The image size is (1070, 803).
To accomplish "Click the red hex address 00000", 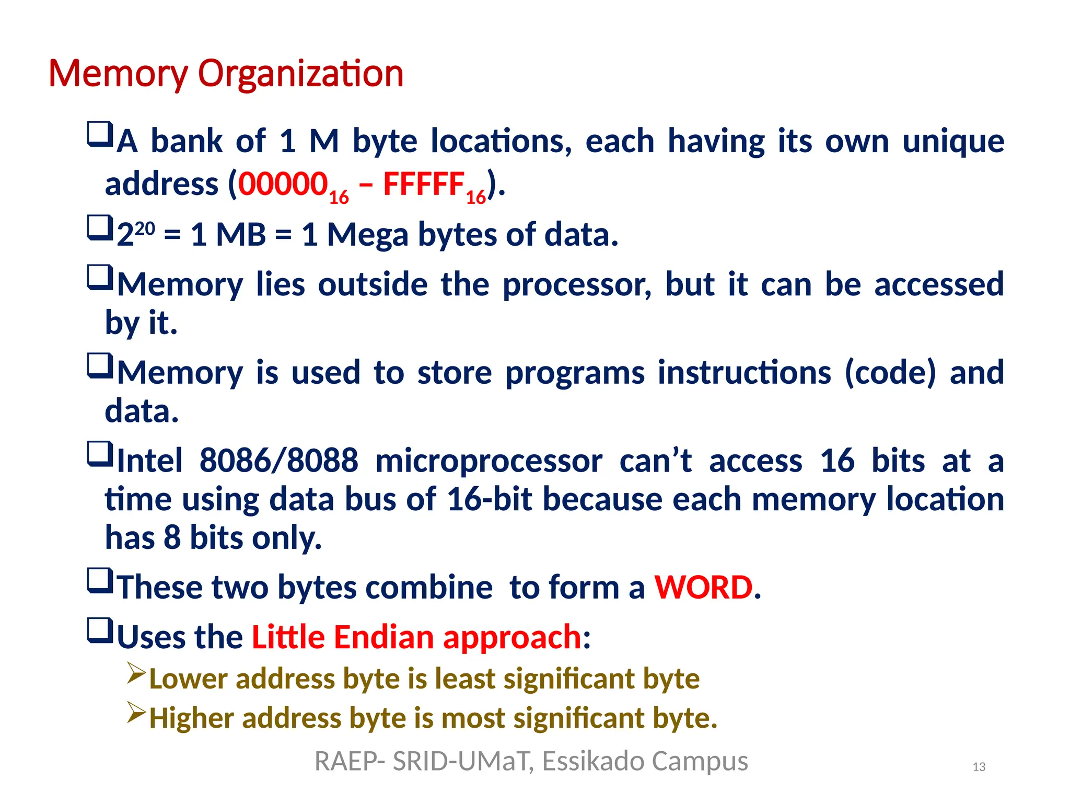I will [283, 184].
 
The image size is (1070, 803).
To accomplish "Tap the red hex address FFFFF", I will [424, 184].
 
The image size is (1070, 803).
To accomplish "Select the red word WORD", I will [703, 587].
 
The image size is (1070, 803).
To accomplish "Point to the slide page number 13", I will [979, 767].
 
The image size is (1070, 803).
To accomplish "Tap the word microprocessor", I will [489, 461].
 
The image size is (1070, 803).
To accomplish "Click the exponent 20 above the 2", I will [145, 228].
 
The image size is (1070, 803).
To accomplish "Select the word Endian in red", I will [383, 637].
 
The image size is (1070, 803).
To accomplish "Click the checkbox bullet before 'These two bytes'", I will [100, 581].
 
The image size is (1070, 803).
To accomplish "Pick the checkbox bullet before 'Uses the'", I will [100, 630].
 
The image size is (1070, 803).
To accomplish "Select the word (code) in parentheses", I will [890, 373].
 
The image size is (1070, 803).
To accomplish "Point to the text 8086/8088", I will [278, 461].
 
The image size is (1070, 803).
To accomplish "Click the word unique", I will [953, 141].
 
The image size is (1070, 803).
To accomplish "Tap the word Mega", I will [367, 235].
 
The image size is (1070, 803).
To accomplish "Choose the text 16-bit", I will [490, 499].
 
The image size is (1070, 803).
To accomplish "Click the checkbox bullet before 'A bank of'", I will [100, 134].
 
